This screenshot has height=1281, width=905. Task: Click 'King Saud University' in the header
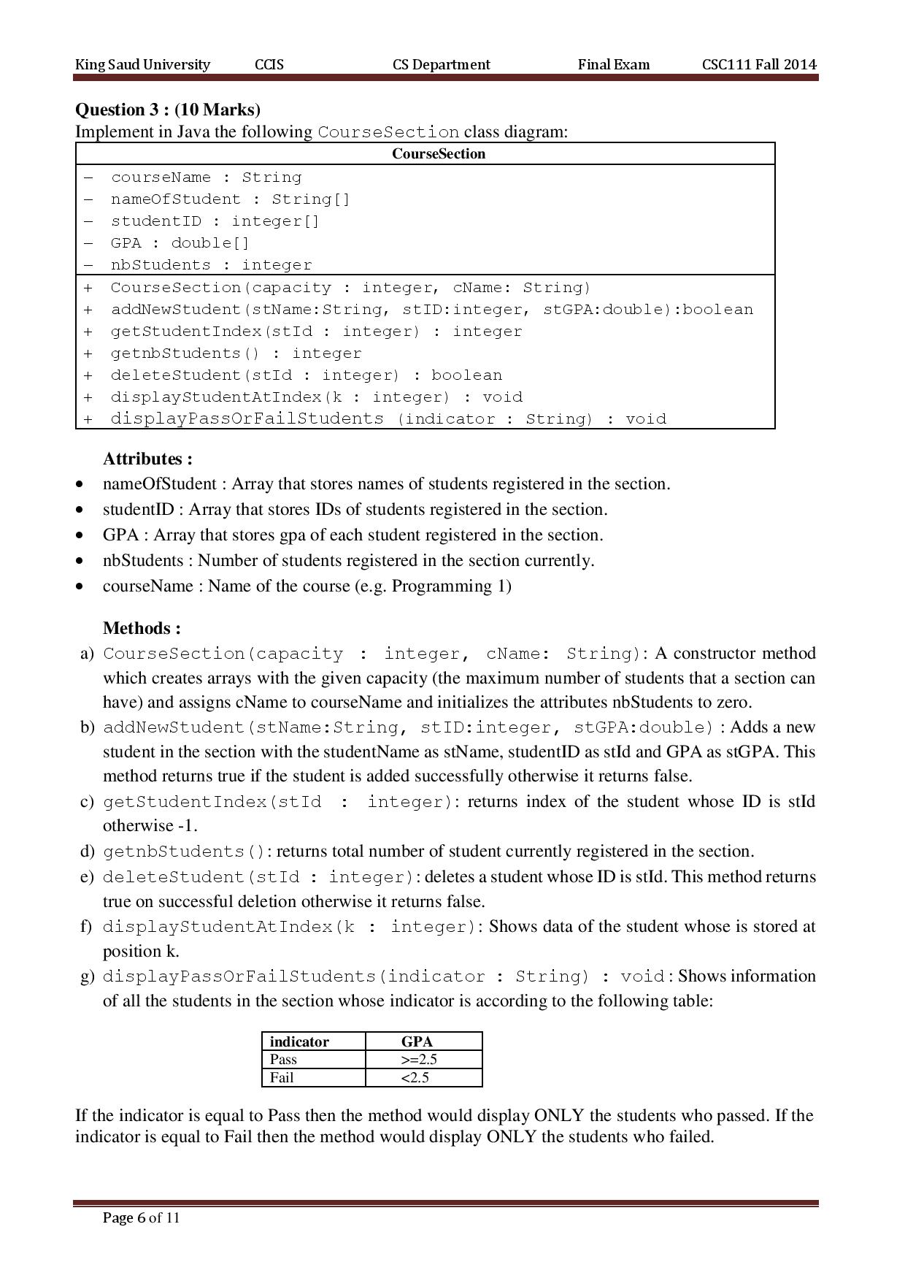142,64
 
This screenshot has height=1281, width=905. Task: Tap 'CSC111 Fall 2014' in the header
759,64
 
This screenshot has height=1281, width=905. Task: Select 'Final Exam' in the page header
613,64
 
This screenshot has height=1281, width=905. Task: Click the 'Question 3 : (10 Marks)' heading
168,110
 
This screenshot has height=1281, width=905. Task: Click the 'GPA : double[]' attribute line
180,243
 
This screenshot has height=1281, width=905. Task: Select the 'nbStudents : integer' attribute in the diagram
211,265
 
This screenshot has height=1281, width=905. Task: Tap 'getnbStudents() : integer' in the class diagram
236,353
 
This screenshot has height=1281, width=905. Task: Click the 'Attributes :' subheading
147,459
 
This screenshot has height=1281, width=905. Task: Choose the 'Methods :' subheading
142,628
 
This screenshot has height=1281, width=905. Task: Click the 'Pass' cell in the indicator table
283,1059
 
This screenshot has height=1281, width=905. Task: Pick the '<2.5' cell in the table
415,1077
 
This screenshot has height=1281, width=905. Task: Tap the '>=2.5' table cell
419,1059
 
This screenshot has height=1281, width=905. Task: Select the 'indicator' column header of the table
299,1041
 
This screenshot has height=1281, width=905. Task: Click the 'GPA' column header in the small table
417,1041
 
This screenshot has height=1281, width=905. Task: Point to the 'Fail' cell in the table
282,1077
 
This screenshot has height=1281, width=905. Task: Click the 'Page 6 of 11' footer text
141,1217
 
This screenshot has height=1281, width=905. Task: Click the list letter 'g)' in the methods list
87,976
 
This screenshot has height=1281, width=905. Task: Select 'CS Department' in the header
441,64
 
